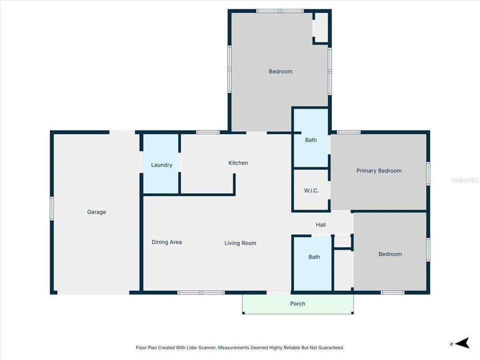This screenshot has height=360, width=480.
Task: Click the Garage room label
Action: (96, 212)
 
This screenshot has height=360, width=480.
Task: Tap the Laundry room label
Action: (161, 165)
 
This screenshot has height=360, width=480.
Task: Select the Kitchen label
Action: (238, 163)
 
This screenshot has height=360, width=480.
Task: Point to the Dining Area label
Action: (166, 242)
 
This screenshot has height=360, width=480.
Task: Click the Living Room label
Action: (240, 243)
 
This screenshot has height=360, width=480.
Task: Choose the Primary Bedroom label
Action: (378, 171)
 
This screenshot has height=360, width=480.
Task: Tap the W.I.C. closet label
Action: (311, 191)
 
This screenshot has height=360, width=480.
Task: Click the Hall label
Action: (320, 225)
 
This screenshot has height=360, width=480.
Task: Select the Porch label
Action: (297, 303)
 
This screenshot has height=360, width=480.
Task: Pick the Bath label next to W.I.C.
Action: (310, 140)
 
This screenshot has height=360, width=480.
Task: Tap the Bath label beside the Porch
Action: (314, 257)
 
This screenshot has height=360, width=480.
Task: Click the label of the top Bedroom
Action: (280, 71)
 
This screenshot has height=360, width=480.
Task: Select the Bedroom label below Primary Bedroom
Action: (390, 254)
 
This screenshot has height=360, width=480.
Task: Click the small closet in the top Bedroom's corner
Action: (320, 27)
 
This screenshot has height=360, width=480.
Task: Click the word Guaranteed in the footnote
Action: (330, 347)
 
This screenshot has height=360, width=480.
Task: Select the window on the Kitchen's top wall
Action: (207, 132)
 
